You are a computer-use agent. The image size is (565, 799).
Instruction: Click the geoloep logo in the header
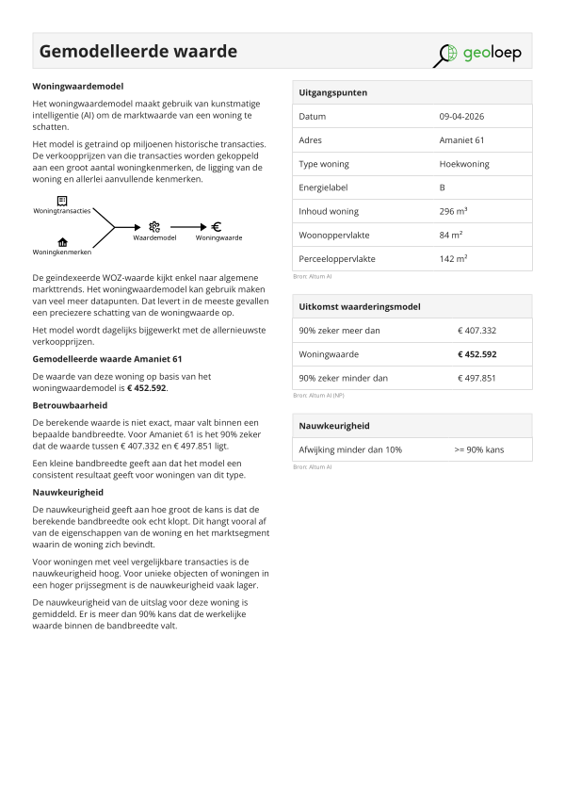click(x=477, y=53)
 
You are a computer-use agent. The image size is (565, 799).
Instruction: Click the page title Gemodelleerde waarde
click(x=137, y=51)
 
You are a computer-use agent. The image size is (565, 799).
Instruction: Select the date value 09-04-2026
click(x=461, y=117)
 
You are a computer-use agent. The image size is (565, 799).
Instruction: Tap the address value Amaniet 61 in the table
click(x=461, y=140)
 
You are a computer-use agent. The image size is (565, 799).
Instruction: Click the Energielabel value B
click(x=442, y=188)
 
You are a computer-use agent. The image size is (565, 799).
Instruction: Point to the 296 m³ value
click(x=454, y=211)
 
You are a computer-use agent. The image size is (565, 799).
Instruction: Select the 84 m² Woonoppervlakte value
click(x=450, y=235)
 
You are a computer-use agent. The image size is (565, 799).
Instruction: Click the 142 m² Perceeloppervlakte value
click(x=453, y=258)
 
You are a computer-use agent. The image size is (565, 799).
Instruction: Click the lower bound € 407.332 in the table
click(x=476, y=331)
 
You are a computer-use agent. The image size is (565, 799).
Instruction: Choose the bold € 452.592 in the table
click(x=476, y=354)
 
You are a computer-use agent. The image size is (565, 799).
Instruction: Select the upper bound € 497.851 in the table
click(x=476, y=378)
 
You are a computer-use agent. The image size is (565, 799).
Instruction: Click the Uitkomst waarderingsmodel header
click(x=359, y=307)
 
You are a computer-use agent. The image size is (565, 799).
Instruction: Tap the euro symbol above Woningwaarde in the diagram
click(x=217, y=226)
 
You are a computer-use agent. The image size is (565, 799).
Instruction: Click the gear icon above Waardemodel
click(x=154, y=226)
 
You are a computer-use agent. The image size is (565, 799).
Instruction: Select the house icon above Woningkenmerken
click(x=62, y=242)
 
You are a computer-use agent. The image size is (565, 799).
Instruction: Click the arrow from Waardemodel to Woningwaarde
click(x=188, y=227)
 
